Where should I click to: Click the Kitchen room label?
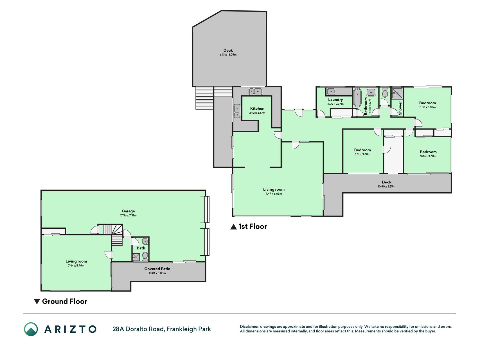pos(257,109)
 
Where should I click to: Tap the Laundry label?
pos(335,100)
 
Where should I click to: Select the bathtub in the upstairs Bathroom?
pos(357,97)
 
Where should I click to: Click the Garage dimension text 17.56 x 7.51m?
pos(128,215)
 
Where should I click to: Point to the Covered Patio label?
pos(157,269)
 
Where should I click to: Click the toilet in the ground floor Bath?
pos(145,256)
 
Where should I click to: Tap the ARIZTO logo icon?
pos(31,329)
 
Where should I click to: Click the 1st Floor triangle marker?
pos(233,227)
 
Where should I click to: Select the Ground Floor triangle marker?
pos(37,301)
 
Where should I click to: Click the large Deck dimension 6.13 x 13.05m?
pos(228,55)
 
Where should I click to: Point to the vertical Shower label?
pos(400,108)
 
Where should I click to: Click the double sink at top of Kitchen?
pos(255,91)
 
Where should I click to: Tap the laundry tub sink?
pos(331,91)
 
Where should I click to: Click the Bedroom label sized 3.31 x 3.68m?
pos(362,150)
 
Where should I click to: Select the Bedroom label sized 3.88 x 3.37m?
pos(427,103)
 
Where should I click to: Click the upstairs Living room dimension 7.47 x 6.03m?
pos(274,194)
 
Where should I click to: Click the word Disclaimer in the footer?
pos(249,327)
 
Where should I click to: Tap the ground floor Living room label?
pos(76,261)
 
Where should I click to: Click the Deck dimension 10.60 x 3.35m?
pos(386,186)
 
